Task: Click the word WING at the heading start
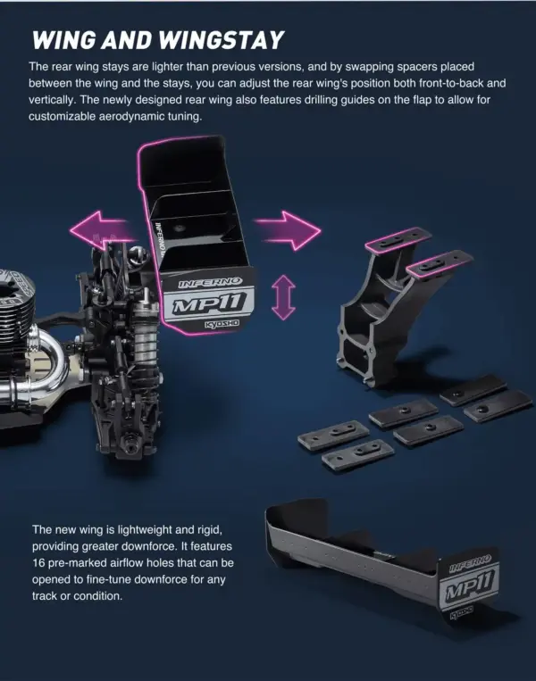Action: (x=62, y=40)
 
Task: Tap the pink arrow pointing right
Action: (x=287, y=231)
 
